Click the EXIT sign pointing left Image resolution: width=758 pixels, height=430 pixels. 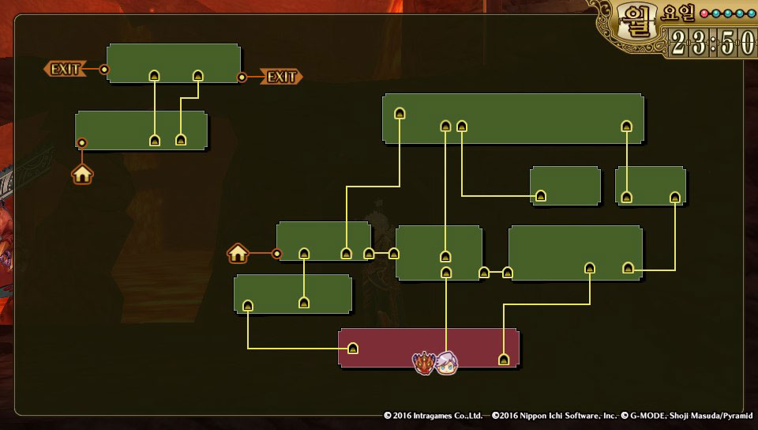click(x=64, y=70)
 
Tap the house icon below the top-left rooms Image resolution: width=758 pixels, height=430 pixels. click(x=83, y=174)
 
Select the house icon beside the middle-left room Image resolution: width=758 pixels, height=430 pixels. click(x=238, y=253)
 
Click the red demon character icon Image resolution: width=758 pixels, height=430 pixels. click(x=425, y=362)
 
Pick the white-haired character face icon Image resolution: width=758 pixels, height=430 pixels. click(x=447, y=363)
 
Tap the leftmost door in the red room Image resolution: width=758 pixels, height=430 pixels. click(x=353, y=349)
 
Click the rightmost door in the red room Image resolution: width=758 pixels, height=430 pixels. click(x=504, y=360)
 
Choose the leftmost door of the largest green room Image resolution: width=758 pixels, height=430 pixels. click(x=400, y=113)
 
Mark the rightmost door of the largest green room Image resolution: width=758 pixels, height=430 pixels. click(x=626, y=125)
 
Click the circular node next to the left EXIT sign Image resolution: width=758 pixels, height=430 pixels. click(x=104, y=70)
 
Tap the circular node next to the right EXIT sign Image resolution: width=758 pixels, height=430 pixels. click(x=242, y=77)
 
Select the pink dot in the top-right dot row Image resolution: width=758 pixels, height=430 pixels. click(x=704, y=13)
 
